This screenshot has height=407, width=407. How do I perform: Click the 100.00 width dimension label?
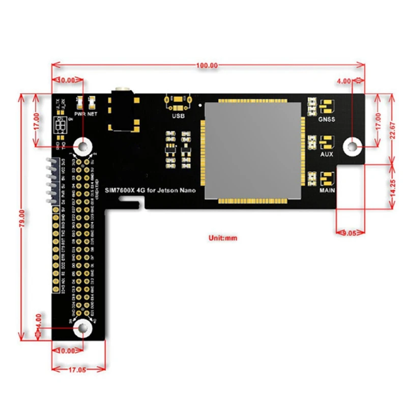pyautogui.click(x=207, y=65)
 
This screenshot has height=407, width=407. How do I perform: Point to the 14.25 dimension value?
pyautogui.click(x=392, y=186)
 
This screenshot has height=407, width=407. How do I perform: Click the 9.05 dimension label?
pyautogui.click(x=351, y=232)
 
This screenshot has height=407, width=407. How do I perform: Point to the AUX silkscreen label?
pyautogui.click(x=327, y=154)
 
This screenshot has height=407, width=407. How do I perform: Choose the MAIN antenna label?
pyautogui.click(x=327, y=191)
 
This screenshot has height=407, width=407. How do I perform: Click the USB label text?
pyautogui.click(x=179, y=116)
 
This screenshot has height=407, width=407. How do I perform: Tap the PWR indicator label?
pyautogui.click(x=79, y=114)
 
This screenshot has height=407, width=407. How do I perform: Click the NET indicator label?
pyautogui.click(x=92, y=114)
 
